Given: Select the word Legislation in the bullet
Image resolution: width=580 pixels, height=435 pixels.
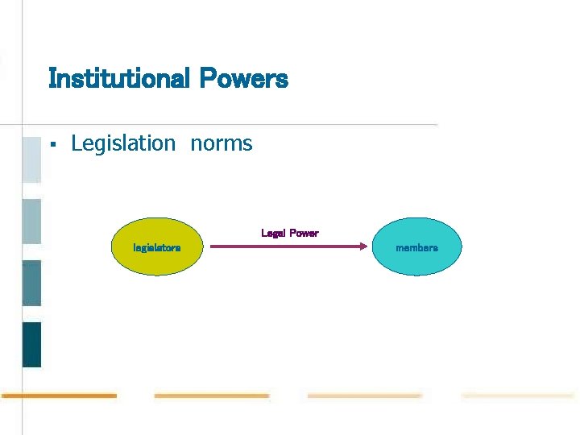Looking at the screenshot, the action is pyautogui.click(x=123, y=144).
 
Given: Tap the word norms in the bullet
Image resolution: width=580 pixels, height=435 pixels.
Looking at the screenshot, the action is pyautogui.click(x=222, y=144).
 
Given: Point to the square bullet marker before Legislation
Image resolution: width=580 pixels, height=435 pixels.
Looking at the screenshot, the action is pyautogui.click(x=52, y=145).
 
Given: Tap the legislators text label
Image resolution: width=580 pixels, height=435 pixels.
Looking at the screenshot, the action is pyautogui.click(x=156, y=248).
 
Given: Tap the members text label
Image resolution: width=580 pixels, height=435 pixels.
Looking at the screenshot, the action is pyautogui.click(x=417, y=248).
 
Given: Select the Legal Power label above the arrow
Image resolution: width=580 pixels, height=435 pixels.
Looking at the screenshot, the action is pyautogui.click(x=290, y=234).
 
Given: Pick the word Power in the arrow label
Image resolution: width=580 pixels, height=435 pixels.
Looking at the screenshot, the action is pyautogui.click(x=304, y=234).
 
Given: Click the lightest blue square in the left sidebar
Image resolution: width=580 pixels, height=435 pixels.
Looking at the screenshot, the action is pyautogui.click(x=31, y=159).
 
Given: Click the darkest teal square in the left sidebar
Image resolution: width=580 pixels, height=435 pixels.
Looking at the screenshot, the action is pyautogui.click(x=31, y=344).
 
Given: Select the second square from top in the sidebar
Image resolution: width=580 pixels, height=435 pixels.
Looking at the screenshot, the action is pyautogui.click(x=31, y=221).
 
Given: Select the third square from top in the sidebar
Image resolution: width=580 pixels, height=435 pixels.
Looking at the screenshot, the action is pyautogui.click(x=31, y=283).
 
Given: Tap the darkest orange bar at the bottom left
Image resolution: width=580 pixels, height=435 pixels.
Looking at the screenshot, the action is pyautogui.click(x=60, y=396).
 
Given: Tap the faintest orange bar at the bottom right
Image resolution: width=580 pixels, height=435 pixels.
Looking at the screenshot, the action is pyautogui.click(x=518, y=396).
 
